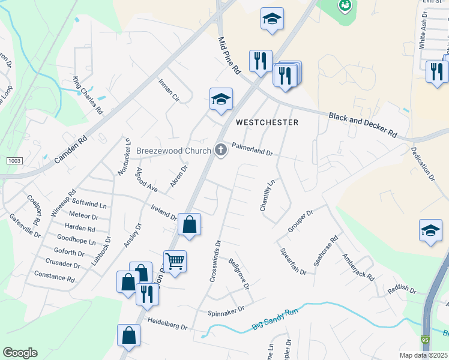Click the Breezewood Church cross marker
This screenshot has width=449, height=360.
pos(221,150)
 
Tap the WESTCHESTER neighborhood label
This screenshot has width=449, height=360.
pos(267,122)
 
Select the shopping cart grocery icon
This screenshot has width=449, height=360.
pos(175,261)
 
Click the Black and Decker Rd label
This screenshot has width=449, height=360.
pos(363,124)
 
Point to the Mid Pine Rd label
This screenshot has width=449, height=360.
pos(228,55)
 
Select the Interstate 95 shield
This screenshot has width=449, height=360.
pos(425,340)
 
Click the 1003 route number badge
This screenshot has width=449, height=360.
pos(15,161)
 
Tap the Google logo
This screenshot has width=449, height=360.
pos(20,353)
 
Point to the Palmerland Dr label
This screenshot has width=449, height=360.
pos(252,149)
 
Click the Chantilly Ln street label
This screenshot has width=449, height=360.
pos(267,194)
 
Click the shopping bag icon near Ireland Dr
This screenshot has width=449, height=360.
pos(189,225)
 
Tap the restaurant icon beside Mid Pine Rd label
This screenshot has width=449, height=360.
pos(261,61)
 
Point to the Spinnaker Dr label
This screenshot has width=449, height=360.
pos(226,311)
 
